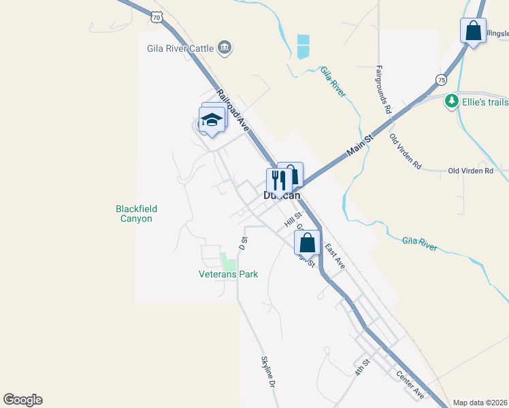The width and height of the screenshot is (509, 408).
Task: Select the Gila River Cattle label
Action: click(x=180, y=48)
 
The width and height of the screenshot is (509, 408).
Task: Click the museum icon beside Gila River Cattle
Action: click(x=225, y=47)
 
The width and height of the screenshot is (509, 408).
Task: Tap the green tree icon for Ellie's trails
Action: click(x=451, y=101)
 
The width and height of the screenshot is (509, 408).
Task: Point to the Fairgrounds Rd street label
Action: click(x=383, y=89)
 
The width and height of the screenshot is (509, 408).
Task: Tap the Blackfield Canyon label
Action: click(x=133, y=214)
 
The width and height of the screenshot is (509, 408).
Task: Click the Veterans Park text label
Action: click(x=228, y=274)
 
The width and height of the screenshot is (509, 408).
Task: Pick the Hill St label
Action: click(x=293, y=218)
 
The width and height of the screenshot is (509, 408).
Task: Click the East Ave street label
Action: click(x=334, y=256)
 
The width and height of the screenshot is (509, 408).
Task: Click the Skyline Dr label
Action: click(x=267, y=372)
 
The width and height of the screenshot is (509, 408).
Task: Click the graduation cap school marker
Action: click(x=212, y=121)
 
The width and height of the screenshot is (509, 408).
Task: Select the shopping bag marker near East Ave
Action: click(x=307, y=241)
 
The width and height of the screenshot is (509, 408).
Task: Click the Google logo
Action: click(x=22, y=400)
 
